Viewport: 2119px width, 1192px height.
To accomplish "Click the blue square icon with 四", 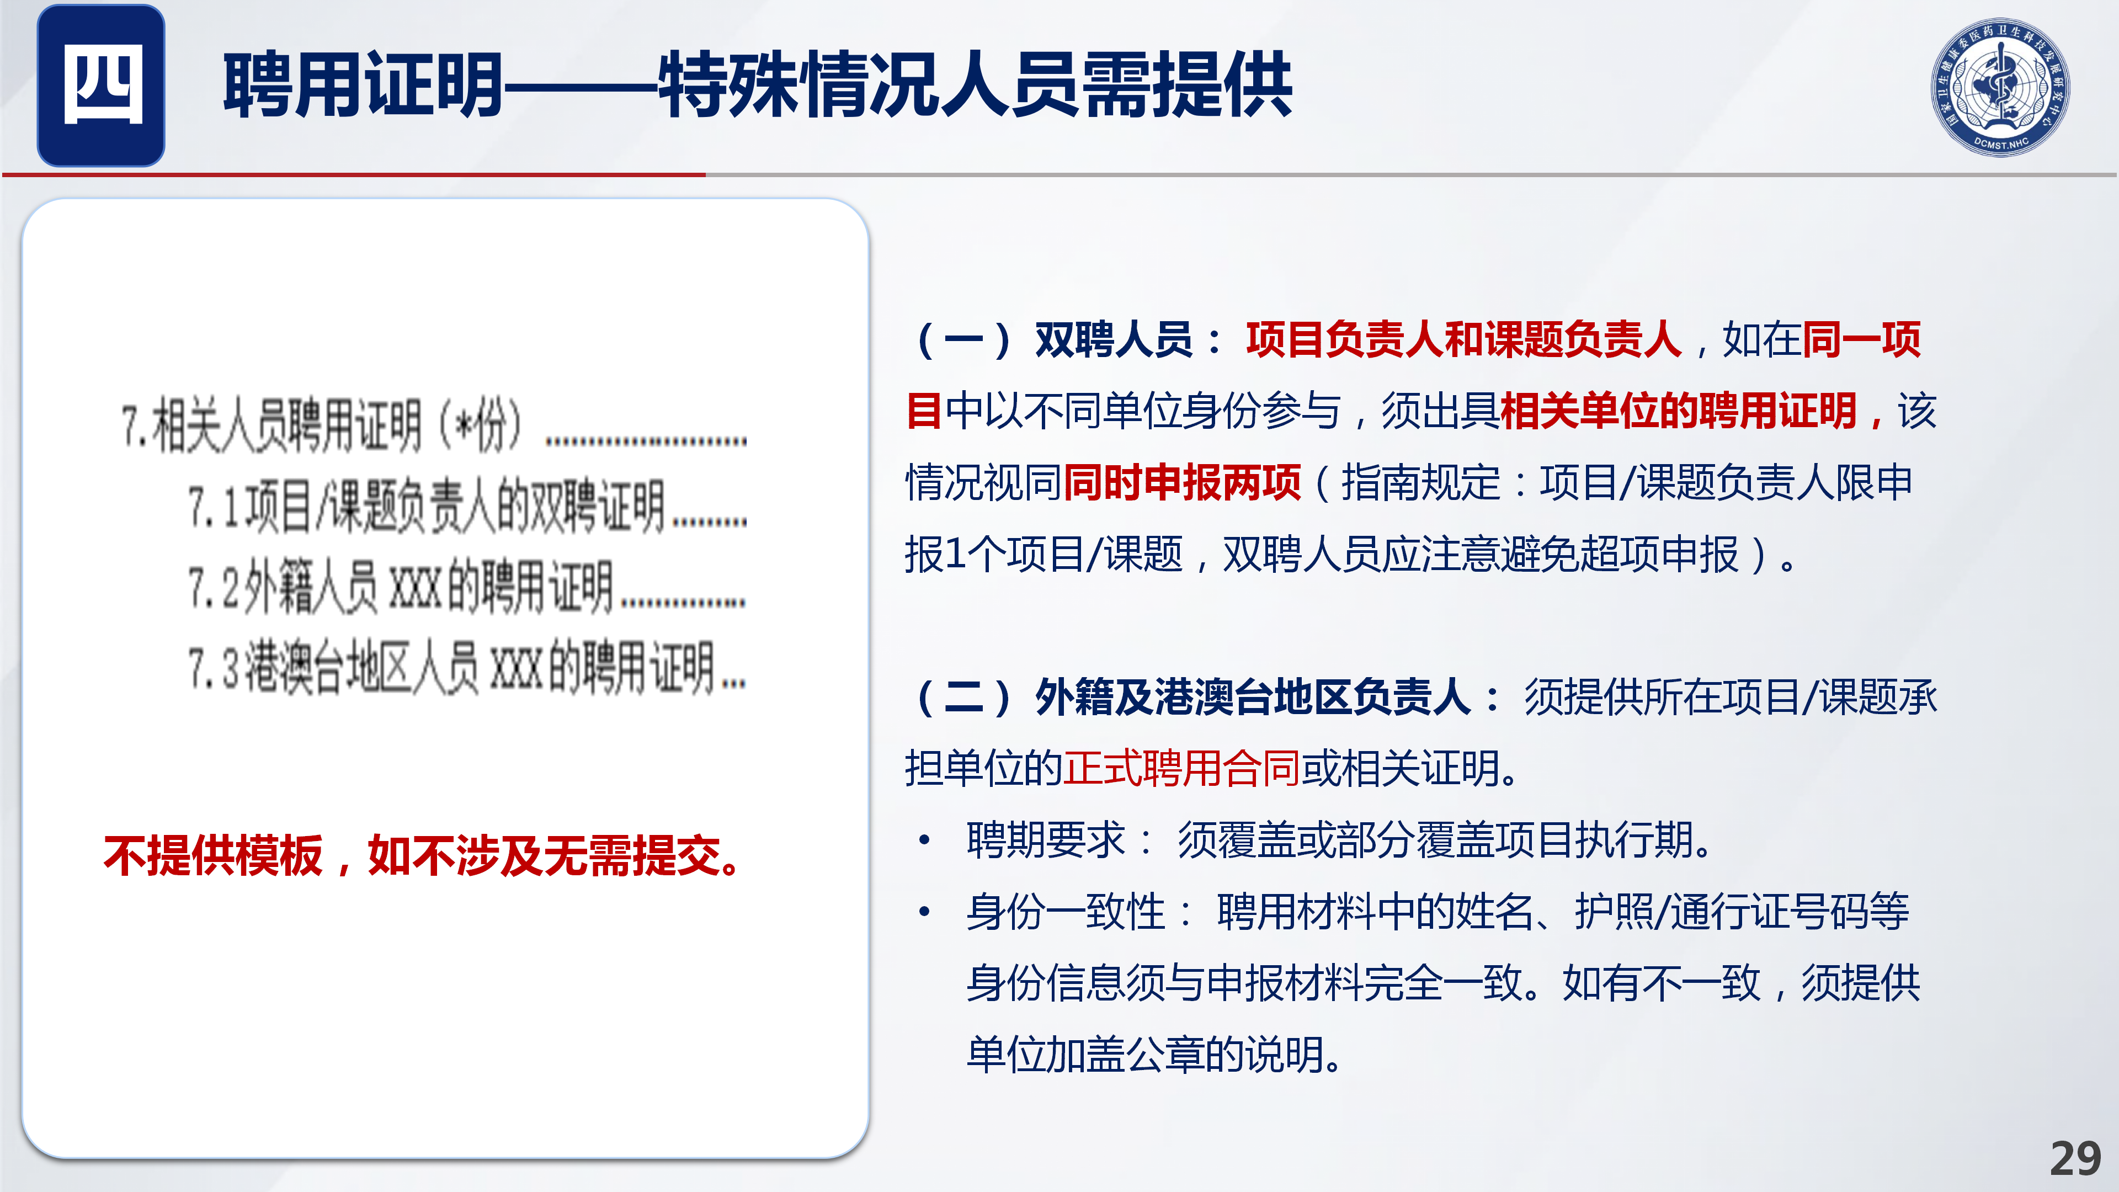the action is pyautogui.click(x=101, y=86).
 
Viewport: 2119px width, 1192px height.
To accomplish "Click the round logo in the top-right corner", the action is pyautogui.click(x=2000, y=87).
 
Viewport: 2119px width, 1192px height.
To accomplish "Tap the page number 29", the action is pyautogui.click(x=2075, y=1159).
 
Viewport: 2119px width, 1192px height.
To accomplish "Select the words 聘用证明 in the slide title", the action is pyautogui.click(x=363, y=84).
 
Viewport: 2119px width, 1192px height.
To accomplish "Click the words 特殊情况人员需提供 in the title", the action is pyautogui.click(x=975, y=84).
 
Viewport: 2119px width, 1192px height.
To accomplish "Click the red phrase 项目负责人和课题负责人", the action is pyautogui.click(x=1463, y=339).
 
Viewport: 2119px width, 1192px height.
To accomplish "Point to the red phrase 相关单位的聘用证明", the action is pyautogui.click(x=1679, y=411).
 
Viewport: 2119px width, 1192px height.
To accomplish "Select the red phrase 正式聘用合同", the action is pyautogui.click(x=1182, y=768).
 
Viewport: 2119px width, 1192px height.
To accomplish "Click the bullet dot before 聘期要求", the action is pyautogui.click(x=925, y=840).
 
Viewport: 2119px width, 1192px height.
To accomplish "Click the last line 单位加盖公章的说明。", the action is pyautogui.click(x=1153, y=1055).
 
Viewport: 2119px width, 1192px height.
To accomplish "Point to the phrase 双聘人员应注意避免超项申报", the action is pyautogui.click(x=1481, y=554).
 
